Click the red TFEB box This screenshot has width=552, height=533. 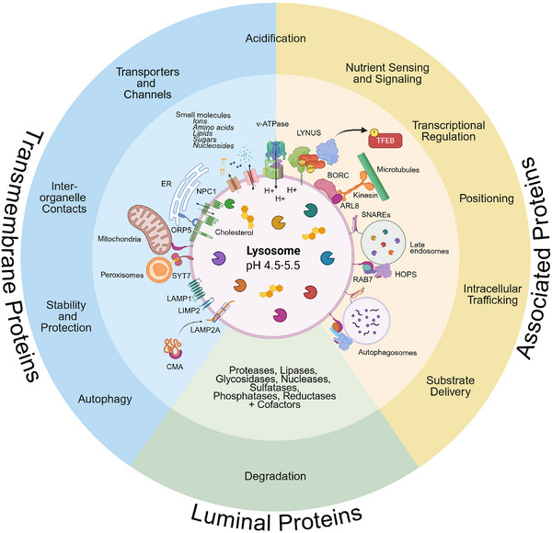[x=385, y=141]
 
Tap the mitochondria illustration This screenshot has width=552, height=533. [x=150, y=229]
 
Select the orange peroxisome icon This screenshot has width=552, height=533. [x=159, y=270]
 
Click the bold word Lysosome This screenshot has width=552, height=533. [x=273, y=251]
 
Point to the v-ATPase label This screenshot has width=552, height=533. [x=272, y=124]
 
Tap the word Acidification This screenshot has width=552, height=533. [x=275, y=38]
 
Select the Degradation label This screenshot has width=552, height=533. [x=275, y=476]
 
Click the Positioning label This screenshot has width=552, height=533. [x=487, y=198]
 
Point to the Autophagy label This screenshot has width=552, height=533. [x=105, y=400]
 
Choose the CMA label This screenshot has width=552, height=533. [x=175, y=367]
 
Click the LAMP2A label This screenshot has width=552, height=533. [x=205, y=330]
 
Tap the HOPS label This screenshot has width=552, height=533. [x=406, y=274]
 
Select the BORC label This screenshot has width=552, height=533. [x=338, y=176]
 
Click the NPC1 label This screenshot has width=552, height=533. [x=206, y=191]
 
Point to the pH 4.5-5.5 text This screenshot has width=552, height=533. [x=273, y=266]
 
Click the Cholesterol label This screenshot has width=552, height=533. [x=234, y=232]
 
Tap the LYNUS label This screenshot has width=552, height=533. [x=309, y=133]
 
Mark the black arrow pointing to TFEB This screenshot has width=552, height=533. [x=351, y=131]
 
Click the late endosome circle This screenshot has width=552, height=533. [x=383, y=244]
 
